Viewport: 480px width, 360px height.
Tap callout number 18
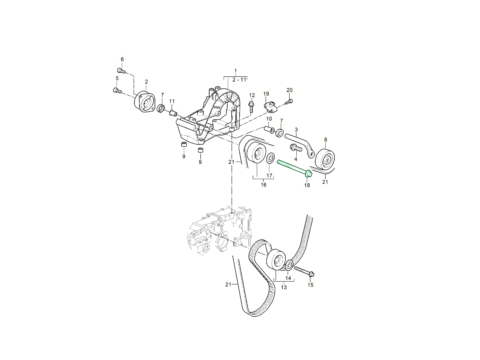307,185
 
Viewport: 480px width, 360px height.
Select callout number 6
122,59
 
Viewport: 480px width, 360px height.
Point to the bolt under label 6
121,70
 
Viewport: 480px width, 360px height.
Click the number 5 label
117,78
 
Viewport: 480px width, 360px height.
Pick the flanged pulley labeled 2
144,102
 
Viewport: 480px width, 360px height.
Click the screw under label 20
289,102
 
